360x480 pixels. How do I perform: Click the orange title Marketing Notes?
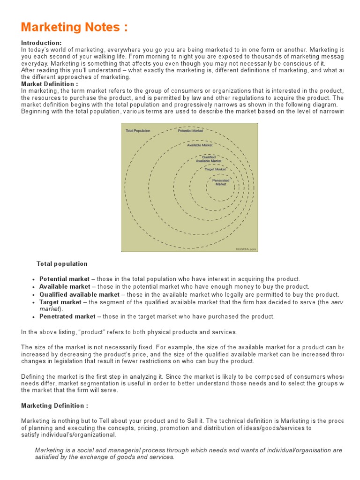74,27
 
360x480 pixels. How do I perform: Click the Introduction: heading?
41,43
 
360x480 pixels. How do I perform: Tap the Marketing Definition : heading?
54,405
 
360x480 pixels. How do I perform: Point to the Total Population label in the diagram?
138,131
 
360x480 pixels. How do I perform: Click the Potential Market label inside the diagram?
190,131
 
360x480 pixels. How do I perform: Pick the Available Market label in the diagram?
200,145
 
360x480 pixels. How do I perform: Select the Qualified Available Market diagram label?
209,159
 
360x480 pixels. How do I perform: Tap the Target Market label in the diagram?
215,169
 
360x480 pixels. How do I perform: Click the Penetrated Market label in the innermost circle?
221,182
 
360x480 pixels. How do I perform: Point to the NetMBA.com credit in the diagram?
246,249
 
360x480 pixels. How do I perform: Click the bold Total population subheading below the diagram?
62,264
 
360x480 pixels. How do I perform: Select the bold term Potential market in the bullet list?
64,279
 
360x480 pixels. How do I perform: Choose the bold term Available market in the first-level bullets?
65,286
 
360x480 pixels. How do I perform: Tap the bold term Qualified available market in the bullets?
79,294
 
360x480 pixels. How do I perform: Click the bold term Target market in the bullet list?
60,302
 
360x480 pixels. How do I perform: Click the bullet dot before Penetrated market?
34,317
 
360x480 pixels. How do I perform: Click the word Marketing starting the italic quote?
50,450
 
